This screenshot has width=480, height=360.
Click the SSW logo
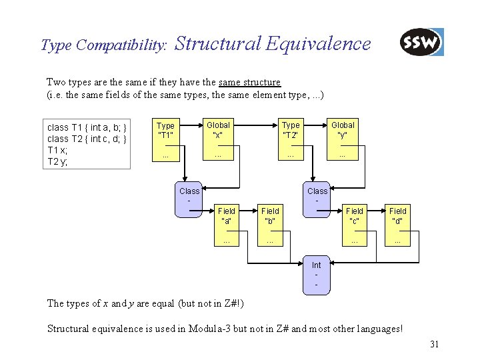(421, 43)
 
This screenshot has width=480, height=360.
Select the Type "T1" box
(165, 141)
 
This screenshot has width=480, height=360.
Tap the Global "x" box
(218, 141)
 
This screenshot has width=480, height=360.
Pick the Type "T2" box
(290, 141)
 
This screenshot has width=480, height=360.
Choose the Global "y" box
(343, 141)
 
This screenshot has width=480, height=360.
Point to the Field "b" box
(270, 226)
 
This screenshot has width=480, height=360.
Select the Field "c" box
(355, 226)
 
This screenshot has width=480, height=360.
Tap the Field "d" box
(398, 226)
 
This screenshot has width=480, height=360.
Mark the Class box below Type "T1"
(189, 199)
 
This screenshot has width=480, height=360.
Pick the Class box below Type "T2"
(317, 199)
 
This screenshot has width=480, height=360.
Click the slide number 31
(434, 345)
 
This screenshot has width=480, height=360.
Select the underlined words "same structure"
(249, 82)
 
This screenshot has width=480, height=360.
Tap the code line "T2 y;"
(58, 162)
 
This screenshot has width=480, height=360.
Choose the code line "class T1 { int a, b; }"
(87, 127)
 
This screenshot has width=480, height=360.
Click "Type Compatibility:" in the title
(104, 45)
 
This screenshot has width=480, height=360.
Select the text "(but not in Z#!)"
(211, 303)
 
